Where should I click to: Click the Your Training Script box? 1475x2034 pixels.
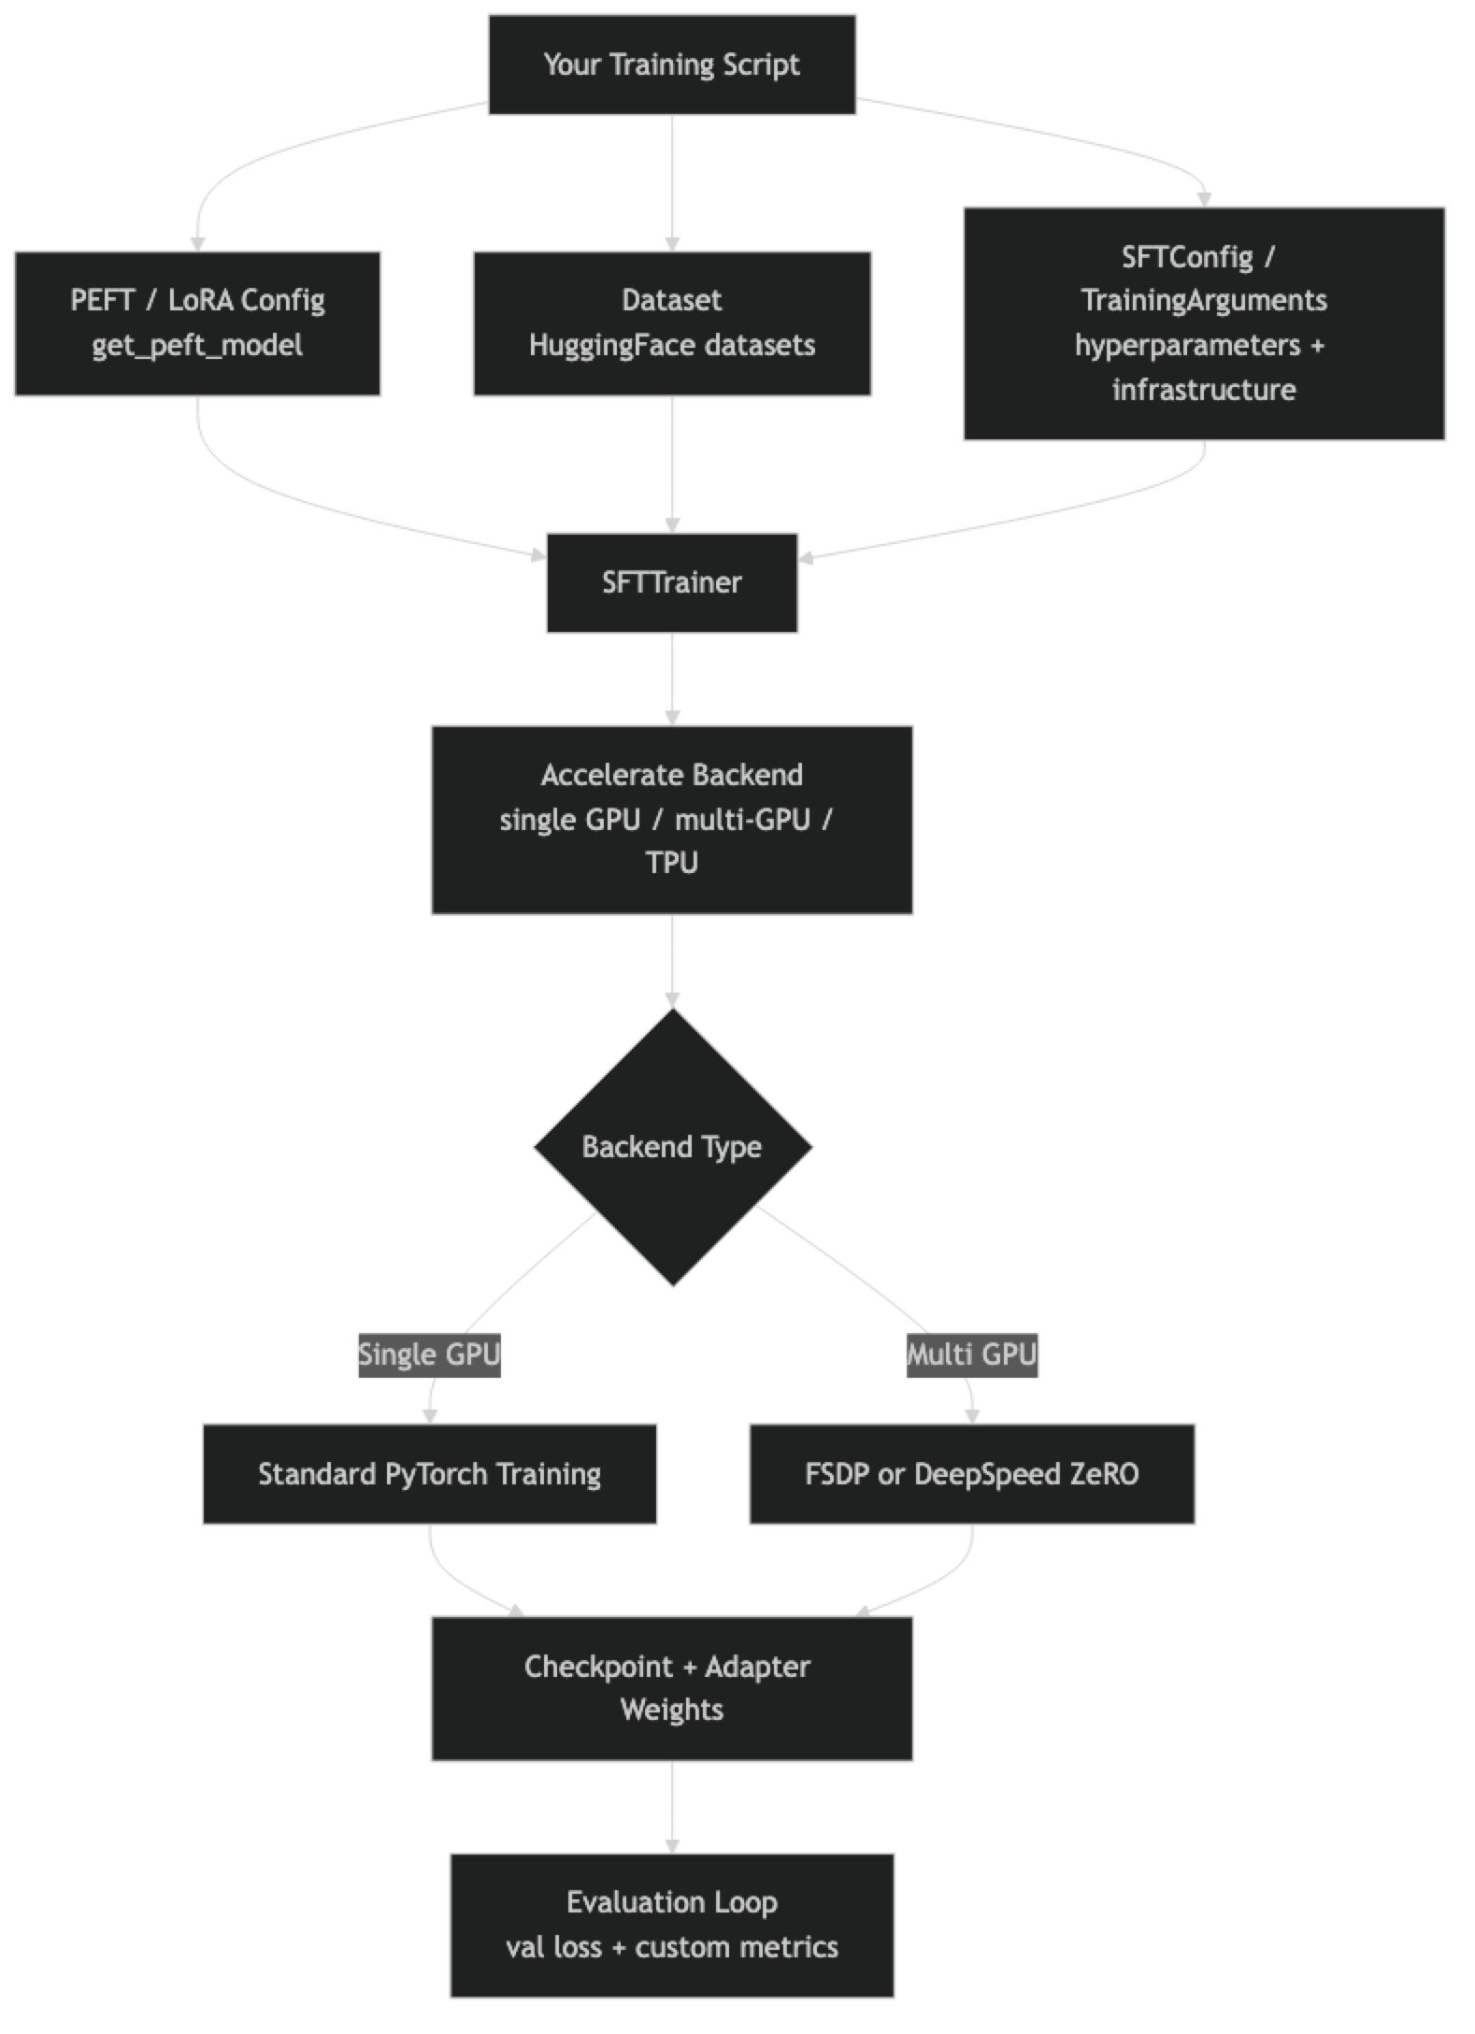(671, 64)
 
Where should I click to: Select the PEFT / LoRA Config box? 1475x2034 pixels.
(197, 322)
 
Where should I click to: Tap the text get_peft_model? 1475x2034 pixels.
(197, 346)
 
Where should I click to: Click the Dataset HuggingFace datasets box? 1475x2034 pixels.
(671, 322)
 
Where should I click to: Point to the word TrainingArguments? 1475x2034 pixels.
(1204, 300)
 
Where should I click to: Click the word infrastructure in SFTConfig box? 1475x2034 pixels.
(1204, 390)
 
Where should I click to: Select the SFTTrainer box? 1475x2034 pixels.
(671, 582)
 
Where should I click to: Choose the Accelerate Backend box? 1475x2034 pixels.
(671, 819)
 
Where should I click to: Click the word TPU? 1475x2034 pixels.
(671, 863)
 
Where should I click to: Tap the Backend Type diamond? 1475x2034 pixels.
(672, 1147)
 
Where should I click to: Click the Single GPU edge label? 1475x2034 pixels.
(429, 1354)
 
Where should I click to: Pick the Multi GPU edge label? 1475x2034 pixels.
(972, 1354)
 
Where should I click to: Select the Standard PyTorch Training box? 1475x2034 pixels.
(429, 1474)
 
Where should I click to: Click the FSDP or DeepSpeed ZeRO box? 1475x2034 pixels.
(971, 1474)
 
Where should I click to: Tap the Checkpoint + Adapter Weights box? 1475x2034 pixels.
(671, 1688)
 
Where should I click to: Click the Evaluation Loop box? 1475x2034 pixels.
(671, 1925)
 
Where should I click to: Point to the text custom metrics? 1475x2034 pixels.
(737, 1948)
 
